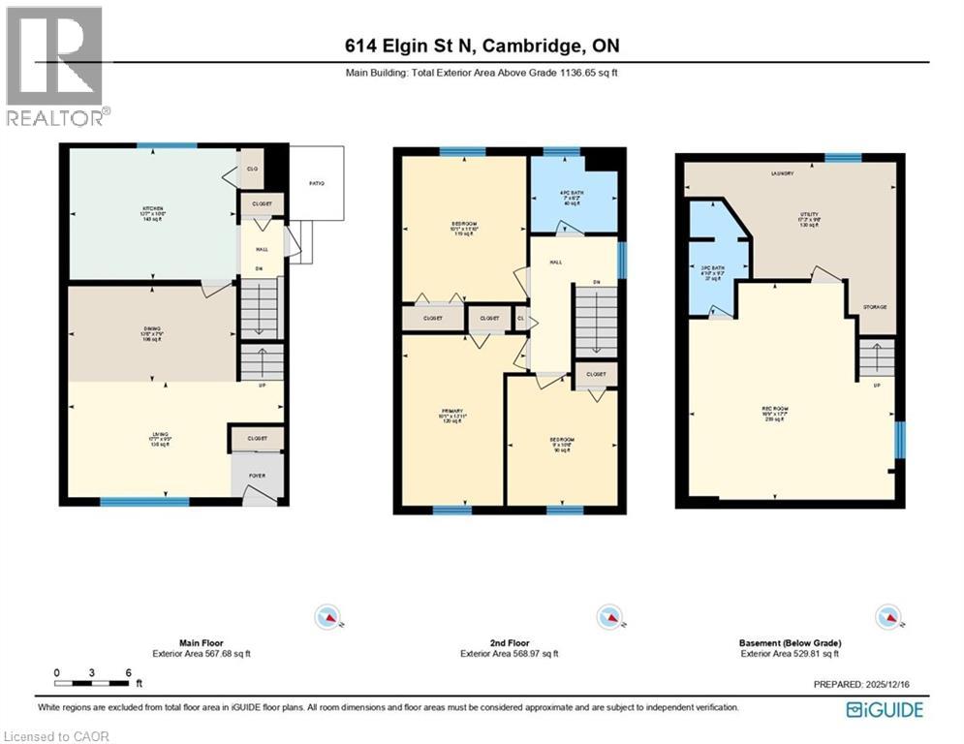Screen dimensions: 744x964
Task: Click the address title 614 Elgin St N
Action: [x=482, y=46]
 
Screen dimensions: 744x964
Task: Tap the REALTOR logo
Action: [x=56, y=67]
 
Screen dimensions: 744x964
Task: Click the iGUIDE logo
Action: [x=884, y=710]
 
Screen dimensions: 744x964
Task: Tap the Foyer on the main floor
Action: [x=257, y=475]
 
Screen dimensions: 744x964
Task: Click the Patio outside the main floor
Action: [x=317, y=183]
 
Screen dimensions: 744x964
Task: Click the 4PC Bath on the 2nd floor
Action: [x=572, y=199]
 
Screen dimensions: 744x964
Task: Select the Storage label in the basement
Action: [x=874, y=307]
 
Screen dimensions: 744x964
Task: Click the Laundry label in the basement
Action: [x=782, y=174]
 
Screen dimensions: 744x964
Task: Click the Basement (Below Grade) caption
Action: [x=791, y=643]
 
